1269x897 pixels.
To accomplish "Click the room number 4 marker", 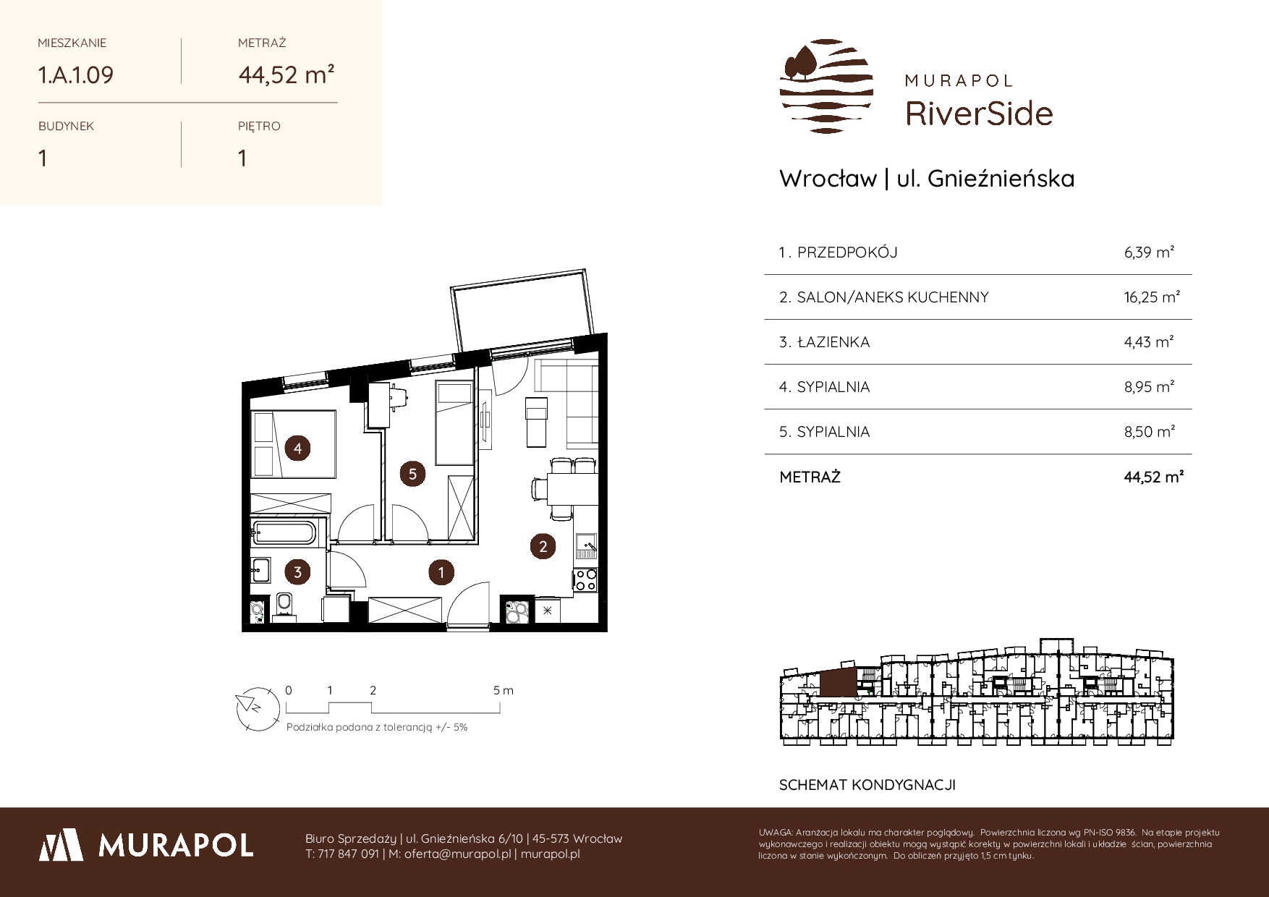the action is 297,448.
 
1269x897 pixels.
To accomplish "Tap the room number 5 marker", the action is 412,474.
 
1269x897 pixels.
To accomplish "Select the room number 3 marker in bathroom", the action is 297,573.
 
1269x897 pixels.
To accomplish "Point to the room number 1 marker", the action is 441,573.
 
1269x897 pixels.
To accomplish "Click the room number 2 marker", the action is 543,546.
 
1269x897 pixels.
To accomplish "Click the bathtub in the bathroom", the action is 284,532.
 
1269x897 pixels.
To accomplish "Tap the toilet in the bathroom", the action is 284,606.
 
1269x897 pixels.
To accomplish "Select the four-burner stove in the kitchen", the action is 585,580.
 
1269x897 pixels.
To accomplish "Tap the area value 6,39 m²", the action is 1149,252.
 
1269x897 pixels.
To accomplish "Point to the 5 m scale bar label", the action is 504,691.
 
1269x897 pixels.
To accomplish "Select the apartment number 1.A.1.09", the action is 76,75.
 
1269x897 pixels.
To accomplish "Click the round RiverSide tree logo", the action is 826,86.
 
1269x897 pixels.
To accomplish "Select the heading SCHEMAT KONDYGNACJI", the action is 867,785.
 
